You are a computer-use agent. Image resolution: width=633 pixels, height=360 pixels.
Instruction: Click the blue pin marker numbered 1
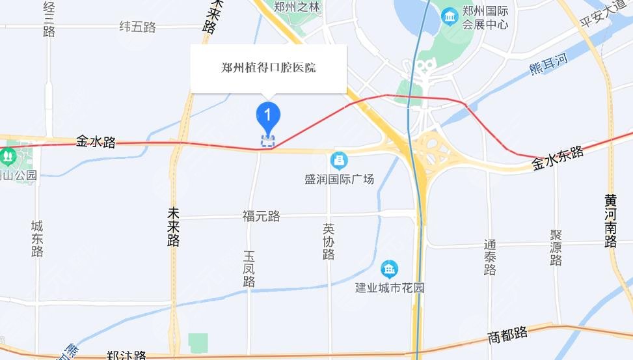(x=267, y=116)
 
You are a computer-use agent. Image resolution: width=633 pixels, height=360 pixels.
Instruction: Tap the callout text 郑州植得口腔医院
(x=269, y=68)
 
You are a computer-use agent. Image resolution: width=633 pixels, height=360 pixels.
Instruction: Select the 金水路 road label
(x=96, y=141)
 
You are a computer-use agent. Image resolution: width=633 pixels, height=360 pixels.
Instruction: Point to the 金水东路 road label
(x=558, y=158)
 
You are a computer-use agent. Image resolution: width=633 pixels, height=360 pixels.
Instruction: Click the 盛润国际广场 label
(x=339, y=178)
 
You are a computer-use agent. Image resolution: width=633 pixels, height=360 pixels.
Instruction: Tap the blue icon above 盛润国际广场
(x=339, y=159)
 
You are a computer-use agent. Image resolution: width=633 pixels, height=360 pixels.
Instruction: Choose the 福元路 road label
(x=261, y=216)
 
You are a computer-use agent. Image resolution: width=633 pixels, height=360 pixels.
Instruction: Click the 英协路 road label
(x=329, y=242)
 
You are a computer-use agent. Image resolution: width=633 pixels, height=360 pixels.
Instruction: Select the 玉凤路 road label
(x=249, y=269)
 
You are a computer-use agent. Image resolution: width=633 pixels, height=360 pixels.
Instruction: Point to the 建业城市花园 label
(x=389, y=287)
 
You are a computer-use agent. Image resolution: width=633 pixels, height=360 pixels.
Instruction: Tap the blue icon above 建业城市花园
(x=389, y=268)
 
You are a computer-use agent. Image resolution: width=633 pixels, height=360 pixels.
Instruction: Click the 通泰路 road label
(x=491, y=257)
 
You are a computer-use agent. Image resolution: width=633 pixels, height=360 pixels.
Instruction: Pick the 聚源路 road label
(x=556, y=247)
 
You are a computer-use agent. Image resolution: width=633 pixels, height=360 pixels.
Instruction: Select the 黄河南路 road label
(x=610, y=221)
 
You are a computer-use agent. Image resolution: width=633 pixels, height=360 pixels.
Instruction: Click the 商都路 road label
(x=507, y=336)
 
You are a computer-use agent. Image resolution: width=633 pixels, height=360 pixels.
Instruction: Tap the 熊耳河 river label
(x=548, y=64)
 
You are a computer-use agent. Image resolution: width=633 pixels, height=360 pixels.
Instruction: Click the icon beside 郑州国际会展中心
(x=450, y=16)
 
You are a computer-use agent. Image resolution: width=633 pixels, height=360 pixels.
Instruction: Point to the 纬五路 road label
(x=138, y=27)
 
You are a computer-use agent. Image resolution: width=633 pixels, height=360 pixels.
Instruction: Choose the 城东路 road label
(x=37, y=238)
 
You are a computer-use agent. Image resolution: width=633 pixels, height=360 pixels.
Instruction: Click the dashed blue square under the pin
(x=267, y=141)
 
